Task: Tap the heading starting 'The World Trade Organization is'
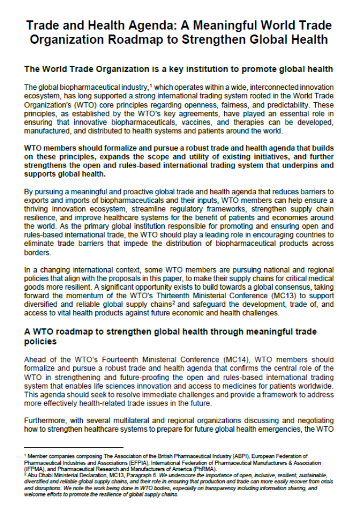(x=178, y=69)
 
